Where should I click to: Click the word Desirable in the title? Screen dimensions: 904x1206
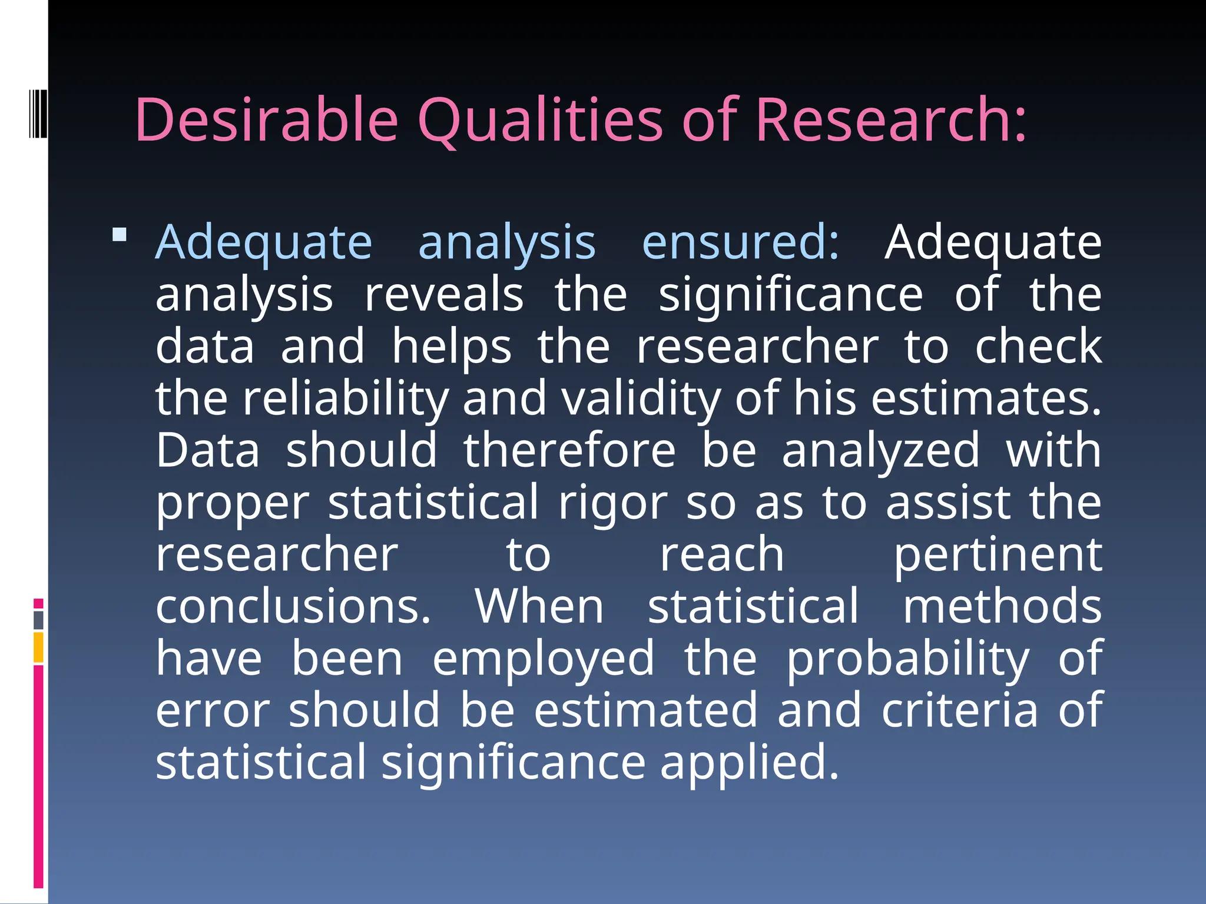[x=267, y=119]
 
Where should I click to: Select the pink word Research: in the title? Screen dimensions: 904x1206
[x=891, y=119]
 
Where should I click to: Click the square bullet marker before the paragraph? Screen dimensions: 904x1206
[x=120, y=235]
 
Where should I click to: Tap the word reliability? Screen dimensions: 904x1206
[x=346, y=398]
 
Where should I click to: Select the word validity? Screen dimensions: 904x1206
[x=641, y=398]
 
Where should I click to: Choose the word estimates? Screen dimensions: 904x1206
[x=986, y=398]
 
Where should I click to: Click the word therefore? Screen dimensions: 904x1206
[x=569, y=450]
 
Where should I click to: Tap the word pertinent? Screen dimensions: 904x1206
[x=998, y=555]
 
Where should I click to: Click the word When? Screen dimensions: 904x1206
[x=539, y=606]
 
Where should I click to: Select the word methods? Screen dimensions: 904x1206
[x=1002, y=606]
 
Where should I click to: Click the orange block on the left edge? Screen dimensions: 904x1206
[x=38, y=647]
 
